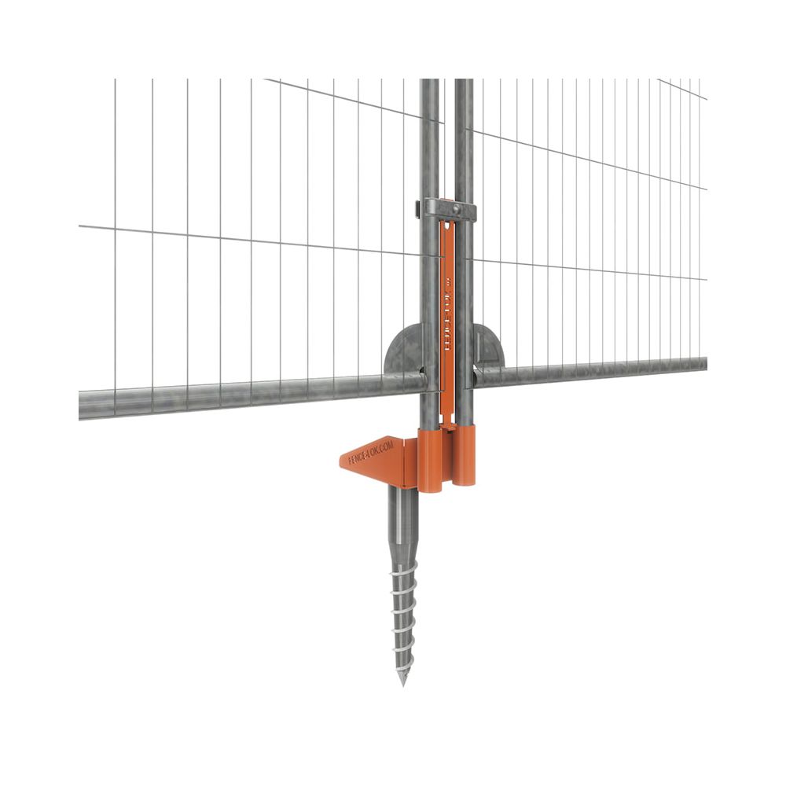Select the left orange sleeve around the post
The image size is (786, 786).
[431, 460]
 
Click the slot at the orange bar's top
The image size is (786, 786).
[446, 236]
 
